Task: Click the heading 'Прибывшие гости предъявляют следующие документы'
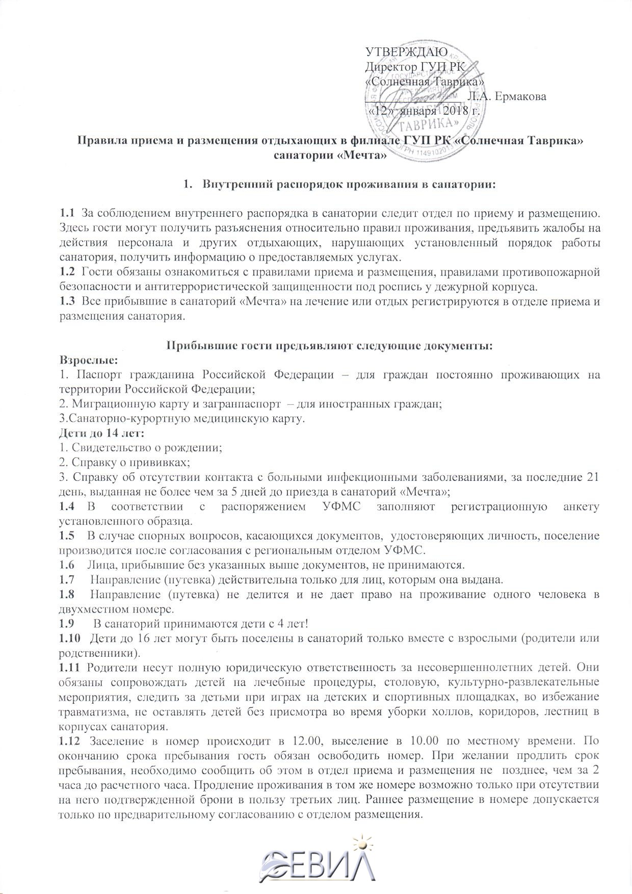pos(330,346)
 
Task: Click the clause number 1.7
pos(67,580)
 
